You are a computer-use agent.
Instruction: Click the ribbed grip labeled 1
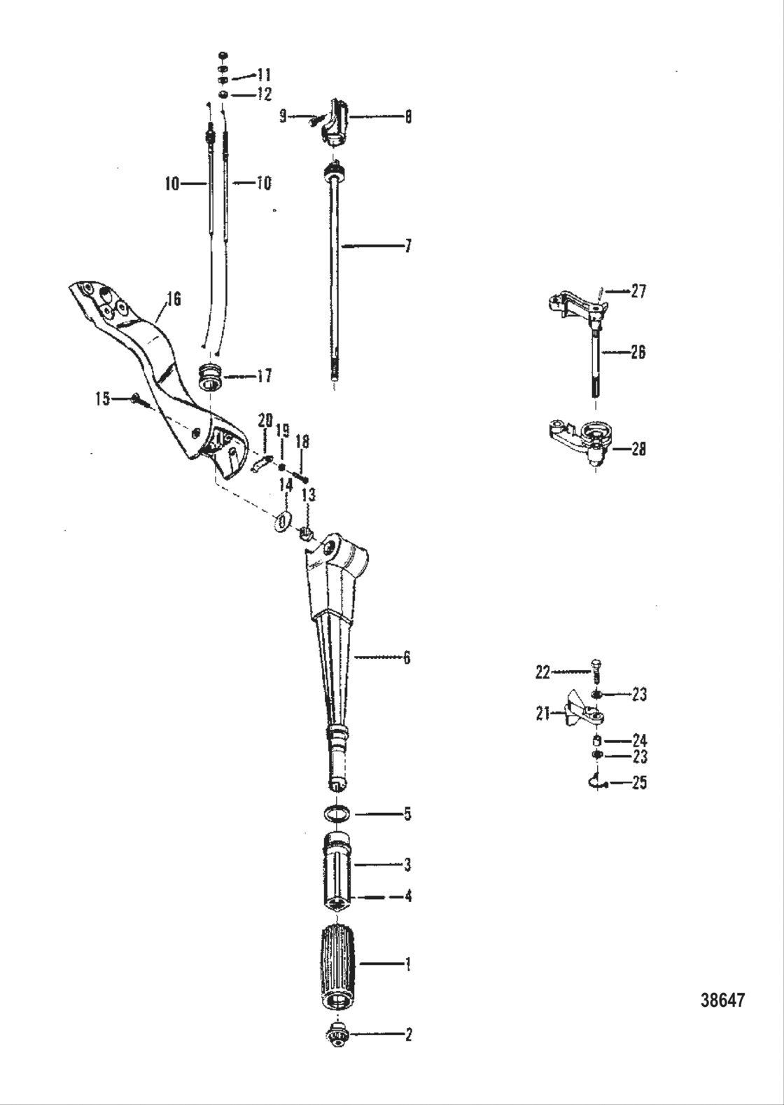coord(339,966)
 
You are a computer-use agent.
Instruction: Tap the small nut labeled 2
coord(338,1034)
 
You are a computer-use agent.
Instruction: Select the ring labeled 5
coord(337,814)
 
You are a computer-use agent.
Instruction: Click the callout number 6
coord(406,658)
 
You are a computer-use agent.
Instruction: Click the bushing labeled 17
coord(211,376)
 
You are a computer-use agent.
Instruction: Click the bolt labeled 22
coord(596,670)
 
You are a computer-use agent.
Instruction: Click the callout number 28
coord(638,449)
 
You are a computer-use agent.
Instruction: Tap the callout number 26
coord(637,352)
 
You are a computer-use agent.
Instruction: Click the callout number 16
coord(174,300)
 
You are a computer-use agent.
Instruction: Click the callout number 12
coord(263,94)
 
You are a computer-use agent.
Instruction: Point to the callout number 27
coord(638,291)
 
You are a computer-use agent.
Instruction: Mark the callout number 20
coord(265,420)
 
